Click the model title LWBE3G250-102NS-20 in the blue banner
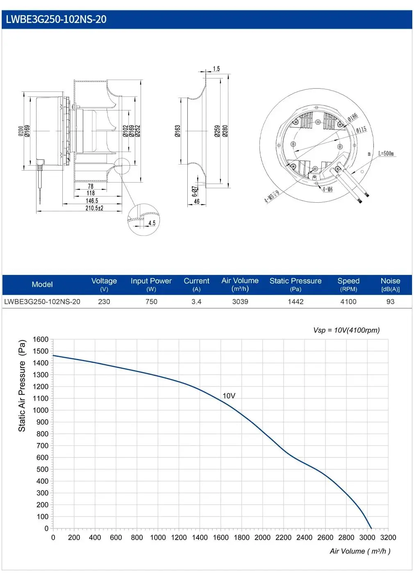[x=56, y=19]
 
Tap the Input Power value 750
[x=151, y=302]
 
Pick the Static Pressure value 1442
[x=296, y=302]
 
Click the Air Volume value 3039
[x=240, y=302]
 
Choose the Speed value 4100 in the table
[x=348, y=302]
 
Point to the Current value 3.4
[x=196, y=302]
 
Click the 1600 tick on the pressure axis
[x=41, y=339]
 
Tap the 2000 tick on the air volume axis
[x=262, y=537]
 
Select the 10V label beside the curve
[x=229, y=396]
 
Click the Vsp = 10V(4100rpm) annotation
[x=346, y=330]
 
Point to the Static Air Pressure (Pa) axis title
[x=22, y=386]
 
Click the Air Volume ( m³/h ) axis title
[x=360, y=551]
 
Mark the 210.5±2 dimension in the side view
[x=94, y=208]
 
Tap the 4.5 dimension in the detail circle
[x=152, y=223]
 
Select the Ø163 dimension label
[x=177, y=131]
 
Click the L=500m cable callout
[x=386, y=153]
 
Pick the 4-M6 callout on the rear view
[x=328, y=189]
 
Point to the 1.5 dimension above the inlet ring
[x=216, y=69]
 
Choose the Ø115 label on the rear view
[x=361, y=129]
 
